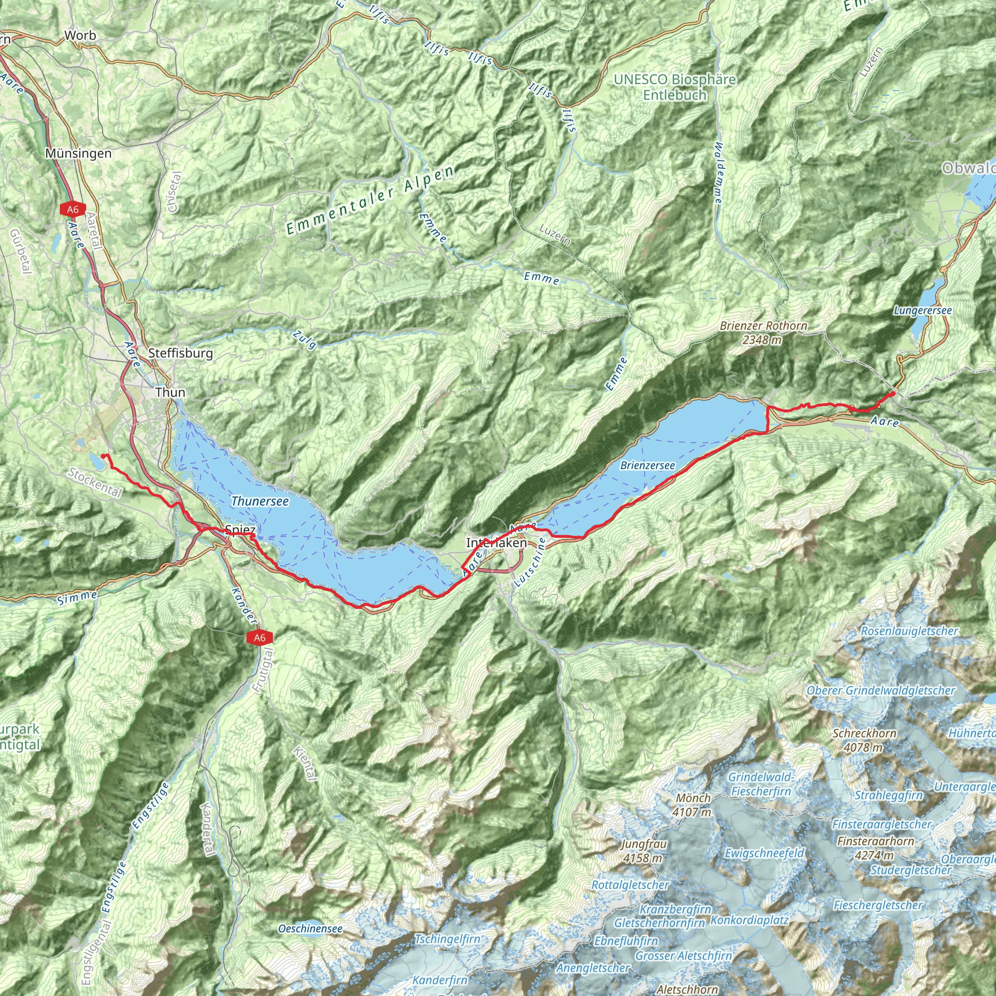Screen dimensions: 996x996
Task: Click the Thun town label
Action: (170, 392)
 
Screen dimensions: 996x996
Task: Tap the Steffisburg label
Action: (180, 353)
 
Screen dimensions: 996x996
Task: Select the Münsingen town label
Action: (78, 153)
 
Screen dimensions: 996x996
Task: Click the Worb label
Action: (80, 36)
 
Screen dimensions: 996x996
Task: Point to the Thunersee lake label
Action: (260, 501)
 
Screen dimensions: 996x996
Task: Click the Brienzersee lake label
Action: (647, 465)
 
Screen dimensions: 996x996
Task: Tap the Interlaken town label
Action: (497, 543)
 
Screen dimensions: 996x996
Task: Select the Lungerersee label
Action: (923, 310)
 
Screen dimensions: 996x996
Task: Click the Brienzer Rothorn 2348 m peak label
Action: (764, 333)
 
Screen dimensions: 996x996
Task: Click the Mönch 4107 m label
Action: (693, 805)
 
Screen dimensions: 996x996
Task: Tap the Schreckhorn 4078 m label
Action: (864, 740)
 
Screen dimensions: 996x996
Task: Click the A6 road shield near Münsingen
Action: (72, 209)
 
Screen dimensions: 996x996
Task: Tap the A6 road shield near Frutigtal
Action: (259, 638)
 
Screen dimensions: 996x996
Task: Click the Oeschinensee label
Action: (310, 928)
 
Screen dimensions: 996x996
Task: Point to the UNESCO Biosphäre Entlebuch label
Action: (675, 87)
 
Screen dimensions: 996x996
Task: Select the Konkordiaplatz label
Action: (749, 920)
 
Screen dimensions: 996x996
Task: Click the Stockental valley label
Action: (95, 482)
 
